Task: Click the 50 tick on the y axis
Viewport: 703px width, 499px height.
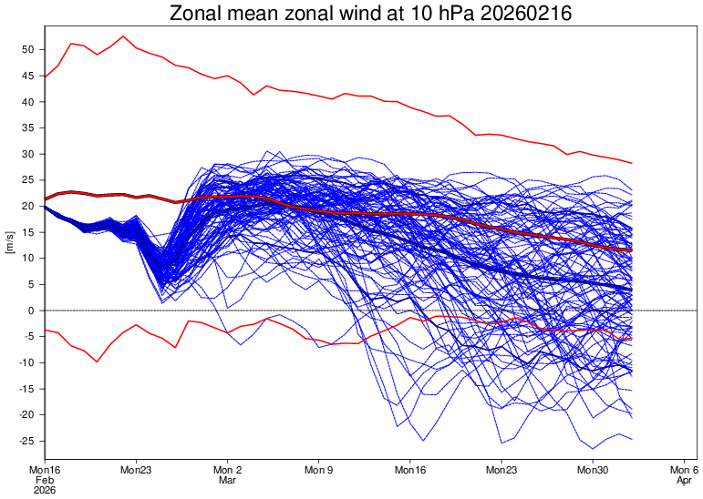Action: click(28, 49)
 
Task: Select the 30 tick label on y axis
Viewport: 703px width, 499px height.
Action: click(28, 154)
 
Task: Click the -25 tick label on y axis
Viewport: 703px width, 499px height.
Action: click(26, 441)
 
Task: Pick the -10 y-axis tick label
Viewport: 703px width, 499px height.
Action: click(26, 362)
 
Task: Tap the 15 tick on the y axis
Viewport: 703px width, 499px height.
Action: click(28, 232)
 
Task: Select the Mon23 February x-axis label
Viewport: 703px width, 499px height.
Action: click(136, 471)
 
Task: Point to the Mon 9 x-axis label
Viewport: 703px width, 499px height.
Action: click(319, 471)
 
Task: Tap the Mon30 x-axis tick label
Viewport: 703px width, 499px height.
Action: click(593, 471)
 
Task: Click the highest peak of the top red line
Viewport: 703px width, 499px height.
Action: click(123, 36)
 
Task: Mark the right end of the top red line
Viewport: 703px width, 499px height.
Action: click(631, 163)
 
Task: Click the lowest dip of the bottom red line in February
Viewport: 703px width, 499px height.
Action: click(97, 362)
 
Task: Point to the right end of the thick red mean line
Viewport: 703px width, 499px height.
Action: click(631, 249)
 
